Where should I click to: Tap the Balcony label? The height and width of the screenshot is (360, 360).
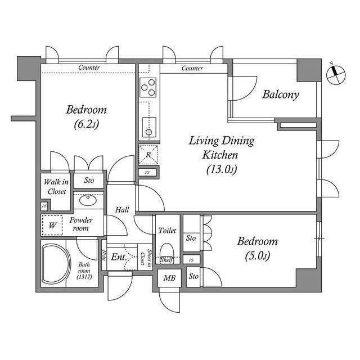click(x=281, y=94)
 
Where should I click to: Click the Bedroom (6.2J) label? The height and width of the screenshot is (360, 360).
click(x=86, y=116)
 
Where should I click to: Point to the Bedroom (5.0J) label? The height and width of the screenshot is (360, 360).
click(x=257, y=248)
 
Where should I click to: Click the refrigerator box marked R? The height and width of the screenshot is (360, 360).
click(x=148, y=154)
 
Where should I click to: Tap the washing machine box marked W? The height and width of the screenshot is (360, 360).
click(x=52, y=226)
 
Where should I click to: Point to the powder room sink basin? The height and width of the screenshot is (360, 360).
click(x=87, y=199)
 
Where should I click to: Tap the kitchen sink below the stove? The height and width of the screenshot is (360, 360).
click(x=148, y=128)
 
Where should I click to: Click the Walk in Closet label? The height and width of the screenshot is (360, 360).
click(x=56, y=187)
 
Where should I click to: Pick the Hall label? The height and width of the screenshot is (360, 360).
click(x=122, y=210)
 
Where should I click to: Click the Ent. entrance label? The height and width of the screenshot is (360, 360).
click(x=118, y=258)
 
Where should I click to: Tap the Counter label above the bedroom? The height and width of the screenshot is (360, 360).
click(x=89, y=68)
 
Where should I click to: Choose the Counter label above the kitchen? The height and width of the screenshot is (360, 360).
click(x=192, y=68)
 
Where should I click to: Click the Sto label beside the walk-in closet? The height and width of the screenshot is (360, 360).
click(x=89, y=181)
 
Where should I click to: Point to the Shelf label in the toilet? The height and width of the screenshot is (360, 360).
click(x=165, y=260)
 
